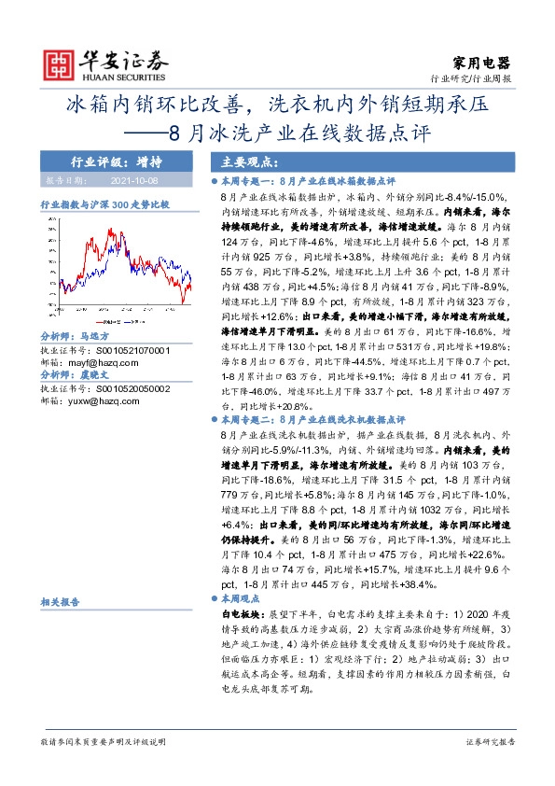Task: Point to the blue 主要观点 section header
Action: click(x=235, y=161)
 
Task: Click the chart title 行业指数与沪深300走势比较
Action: click(x=104, y=203)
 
